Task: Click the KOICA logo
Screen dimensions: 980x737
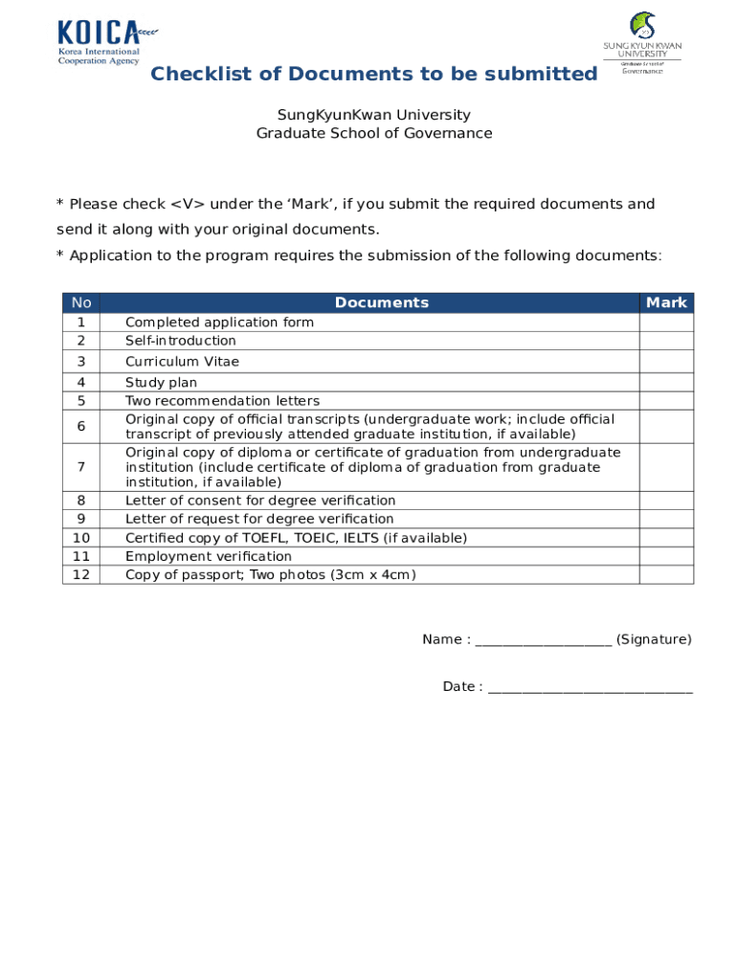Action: point(106,42)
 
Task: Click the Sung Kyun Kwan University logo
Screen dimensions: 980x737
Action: point(641,42)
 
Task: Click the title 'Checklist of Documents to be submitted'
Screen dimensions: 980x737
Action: point(373,75)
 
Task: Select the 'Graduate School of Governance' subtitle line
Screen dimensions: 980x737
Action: point(373,133)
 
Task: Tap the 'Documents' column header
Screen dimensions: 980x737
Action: point(381,302)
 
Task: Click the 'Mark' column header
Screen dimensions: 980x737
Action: point(666,302)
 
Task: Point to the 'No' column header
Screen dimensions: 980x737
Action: point(81,302)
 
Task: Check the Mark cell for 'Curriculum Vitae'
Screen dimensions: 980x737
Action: point(666,362)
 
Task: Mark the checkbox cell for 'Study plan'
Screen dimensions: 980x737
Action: point(666,383)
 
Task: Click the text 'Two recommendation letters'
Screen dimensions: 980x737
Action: point(222,401)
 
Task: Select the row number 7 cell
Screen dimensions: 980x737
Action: point(81,467)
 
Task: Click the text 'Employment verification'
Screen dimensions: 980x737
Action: point(209,556)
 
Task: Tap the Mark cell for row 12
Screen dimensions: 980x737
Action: point(666,575)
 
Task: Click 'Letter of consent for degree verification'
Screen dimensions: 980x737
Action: point(260,501)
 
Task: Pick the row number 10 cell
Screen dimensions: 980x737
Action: point(81,538)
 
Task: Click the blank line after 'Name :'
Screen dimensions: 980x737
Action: point(543,640)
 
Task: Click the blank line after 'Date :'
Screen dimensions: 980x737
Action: point(590,687)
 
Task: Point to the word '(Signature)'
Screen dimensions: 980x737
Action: point(654,639)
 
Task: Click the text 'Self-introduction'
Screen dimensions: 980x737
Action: point(181,341)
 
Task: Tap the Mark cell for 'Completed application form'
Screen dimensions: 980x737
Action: point(666,323)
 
